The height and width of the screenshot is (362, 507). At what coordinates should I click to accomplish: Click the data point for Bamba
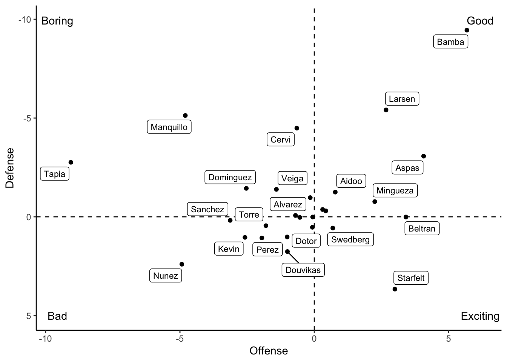point(467,30)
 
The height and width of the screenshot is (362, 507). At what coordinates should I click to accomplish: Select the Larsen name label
point(402,99)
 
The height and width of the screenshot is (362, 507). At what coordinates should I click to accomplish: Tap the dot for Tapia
point(71,162)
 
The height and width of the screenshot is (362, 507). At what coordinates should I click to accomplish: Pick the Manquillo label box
point(169,127)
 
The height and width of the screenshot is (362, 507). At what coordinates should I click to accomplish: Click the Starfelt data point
point(395,289)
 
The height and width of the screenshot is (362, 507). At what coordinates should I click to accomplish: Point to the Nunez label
point(166,276)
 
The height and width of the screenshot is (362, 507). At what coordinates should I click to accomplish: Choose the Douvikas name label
point(303,270)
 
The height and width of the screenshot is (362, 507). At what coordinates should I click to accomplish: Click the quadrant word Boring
point(57,21)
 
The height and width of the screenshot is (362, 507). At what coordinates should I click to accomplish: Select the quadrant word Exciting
point(480,316)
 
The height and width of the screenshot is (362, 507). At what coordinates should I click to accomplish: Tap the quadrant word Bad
point(57,316)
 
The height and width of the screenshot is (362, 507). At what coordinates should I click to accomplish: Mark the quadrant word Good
point(480,21)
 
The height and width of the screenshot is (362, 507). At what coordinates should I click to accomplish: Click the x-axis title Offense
point(269,351)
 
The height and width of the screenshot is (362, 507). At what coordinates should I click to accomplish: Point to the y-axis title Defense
point(10,168)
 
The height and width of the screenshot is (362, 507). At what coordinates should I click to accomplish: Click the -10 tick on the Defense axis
point(25,19)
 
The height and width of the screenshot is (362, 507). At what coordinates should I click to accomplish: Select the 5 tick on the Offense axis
point(449,339)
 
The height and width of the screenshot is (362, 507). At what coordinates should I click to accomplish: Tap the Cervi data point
point(297,128)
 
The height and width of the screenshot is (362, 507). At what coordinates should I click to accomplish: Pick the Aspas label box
point(407,168)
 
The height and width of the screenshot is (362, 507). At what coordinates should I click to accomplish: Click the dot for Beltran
point(406,217)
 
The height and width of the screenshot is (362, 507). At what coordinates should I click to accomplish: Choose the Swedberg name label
point(350,239)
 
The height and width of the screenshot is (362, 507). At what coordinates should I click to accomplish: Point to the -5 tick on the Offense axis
point(180,339)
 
